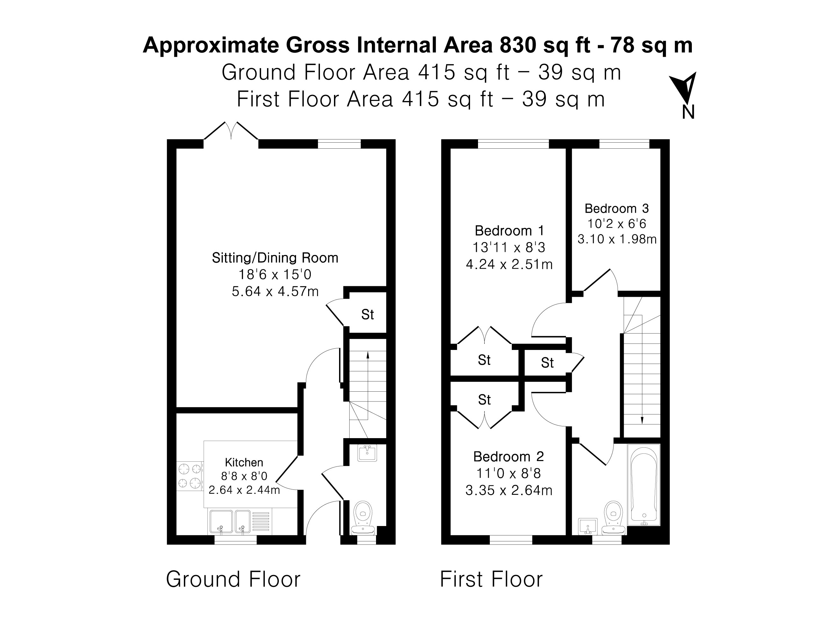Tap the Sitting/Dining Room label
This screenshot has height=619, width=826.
click(x=275, y=258)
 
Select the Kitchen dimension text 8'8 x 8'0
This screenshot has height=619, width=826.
click(x=244, y=476)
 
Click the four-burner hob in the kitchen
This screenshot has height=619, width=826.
click(x=189, y=476)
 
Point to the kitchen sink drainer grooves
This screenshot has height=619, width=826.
click(x=261, y=521)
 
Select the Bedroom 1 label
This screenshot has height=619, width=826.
click(x=509, y=231)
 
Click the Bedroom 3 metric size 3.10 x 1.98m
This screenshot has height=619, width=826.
click(x=617, y=239)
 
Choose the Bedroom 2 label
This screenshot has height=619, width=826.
click(x=508, y=456)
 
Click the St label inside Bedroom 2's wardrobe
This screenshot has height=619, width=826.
click(x=484, y=400)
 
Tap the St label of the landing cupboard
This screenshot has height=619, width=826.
click(x=547, y=363)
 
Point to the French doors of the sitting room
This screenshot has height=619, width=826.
click(x=231, y=133)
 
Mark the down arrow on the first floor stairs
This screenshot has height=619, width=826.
click(x=642, y=420)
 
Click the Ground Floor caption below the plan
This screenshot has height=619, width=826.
click(x=233, y=579)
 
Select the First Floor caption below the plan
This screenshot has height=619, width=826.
click(x=491, y=579)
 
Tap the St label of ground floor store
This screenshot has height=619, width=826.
click(x=367, y=315)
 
